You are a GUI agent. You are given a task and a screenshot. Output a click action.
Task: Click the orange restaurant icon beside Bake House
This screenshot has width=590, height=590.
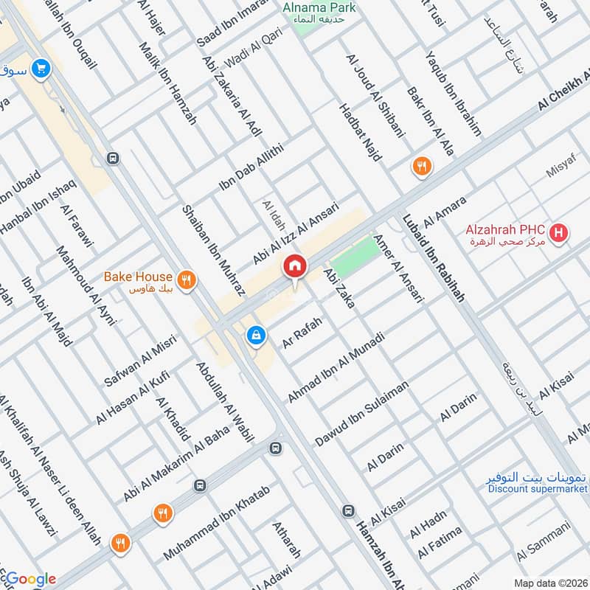coord(188,279)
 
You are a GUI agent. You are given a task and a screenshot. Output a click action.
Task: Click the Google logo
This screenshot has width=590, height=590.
coord(29,579)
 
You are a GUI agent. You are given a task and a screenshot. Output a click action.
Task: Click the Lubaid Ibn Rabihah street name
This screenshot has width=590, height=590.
coord(433,258)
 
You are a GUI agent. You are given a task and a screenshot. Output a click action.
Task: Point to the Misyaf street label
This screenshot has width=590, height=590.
coord(560,172)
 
